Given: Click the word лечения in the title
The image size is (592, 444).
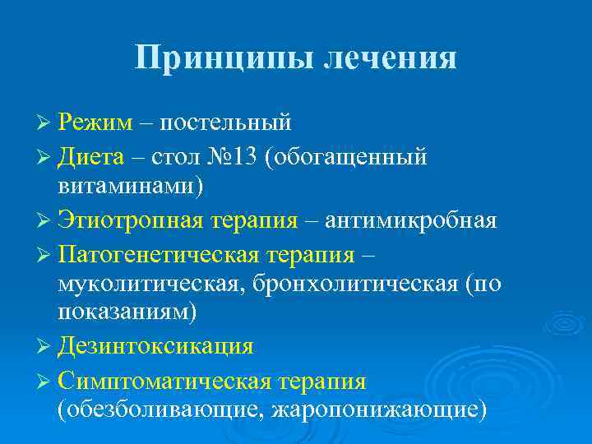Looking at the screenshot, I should click(x=389, y=58).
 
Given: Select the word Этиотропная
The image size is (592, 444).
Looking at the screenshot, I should click(x=131, y=220).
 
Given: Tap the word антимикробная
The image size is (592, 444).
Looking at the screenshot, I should click(x=410, y=220).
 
